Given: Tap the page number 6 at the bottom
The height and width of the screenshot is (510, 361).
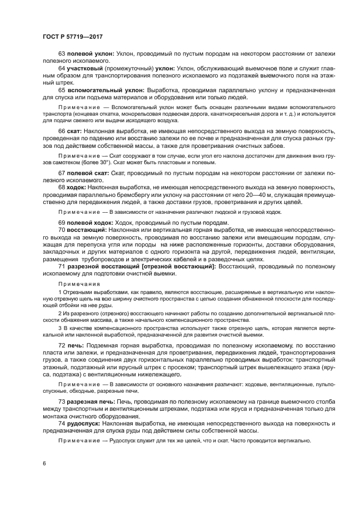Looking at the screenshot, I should (x=44, y=463).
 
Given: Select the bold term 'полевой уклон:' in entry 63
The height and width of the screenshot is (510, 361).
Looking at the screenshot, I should (x=90, y=53).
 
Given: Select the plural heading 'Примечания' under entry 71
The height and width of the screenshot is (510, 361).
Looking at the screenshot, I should (x=77, y=284).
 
